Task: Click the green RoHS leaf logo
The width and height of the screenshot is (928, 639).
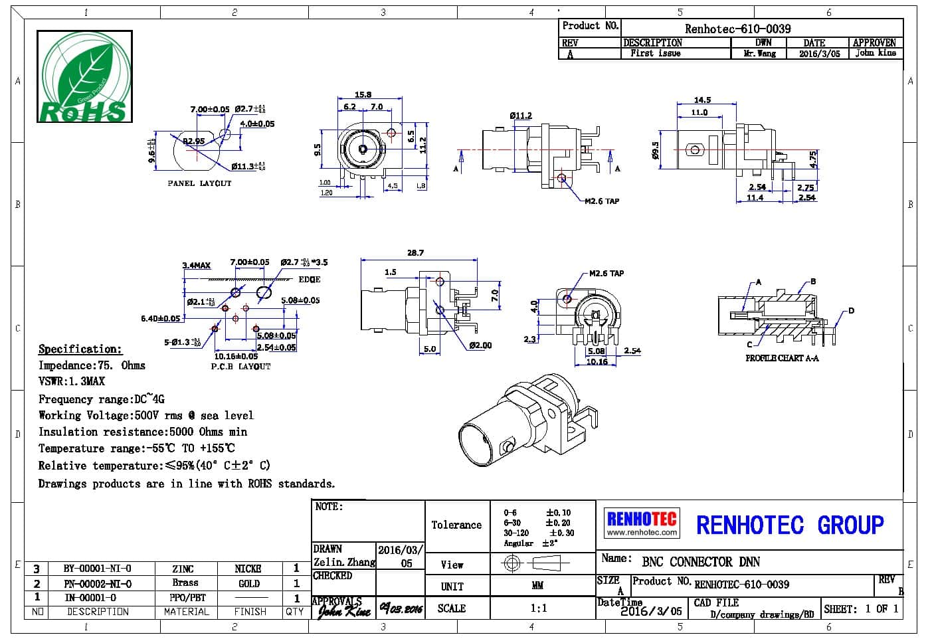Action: coord(84,77)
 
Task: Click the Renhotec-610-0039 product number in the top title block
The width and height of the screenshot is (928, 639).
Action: coord(737,29)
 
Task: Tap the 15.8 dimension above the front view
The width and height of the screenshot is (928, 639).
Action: coord(363,95)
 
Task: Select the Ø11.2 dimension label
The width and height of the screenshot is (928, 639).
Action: coord(521,116)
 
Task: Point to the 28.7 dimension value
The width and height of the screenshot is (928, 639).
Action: coord(415,253)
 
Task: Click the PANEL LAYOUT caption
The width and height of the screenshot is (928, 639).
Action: coord(199,183)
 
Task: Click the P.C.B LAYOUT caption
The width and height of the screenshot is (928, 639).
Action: coord(241,366)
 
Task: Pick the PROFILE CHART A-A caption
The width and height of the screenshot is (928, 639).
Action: coord(782,358)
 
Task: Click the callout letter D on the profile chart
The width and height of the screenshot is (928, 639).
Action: coord(851,311)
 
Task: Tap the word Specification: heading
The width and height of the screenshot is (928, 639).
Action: coord(80,349)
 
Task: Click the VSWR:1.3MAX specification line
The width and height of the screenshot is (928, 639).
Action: coord(72,381)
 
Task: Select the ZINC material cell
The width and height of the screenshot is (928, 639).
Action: coord(183,569)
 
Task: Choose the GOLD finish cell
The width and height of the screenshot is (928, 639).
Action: coord(249,584)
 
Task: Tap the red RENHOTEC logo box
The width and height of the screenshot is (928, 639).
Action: coord(642,523)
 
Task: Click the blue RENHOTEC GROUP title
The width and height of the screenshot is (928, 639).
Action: coord(790,525)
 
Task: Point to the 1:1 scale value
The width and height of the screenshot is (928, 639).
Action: coord(538,608)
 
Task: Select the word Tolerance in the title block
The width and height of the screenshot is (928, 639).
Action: coord(456,525)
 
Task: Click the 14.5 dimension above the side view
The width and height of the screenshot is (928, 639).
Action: coord(702,100)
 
